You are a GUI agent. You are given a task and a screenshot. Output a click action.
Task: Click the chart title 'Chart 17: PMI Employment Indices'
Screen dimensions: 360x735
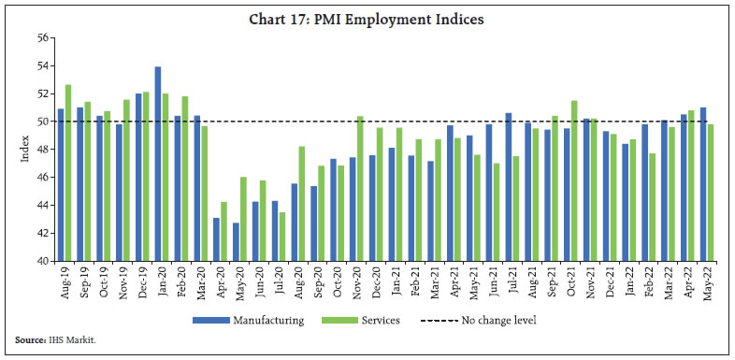367,19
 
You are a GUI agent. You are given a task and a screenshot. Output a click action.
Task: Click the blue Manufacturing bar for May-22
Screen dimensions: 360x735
702,184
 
